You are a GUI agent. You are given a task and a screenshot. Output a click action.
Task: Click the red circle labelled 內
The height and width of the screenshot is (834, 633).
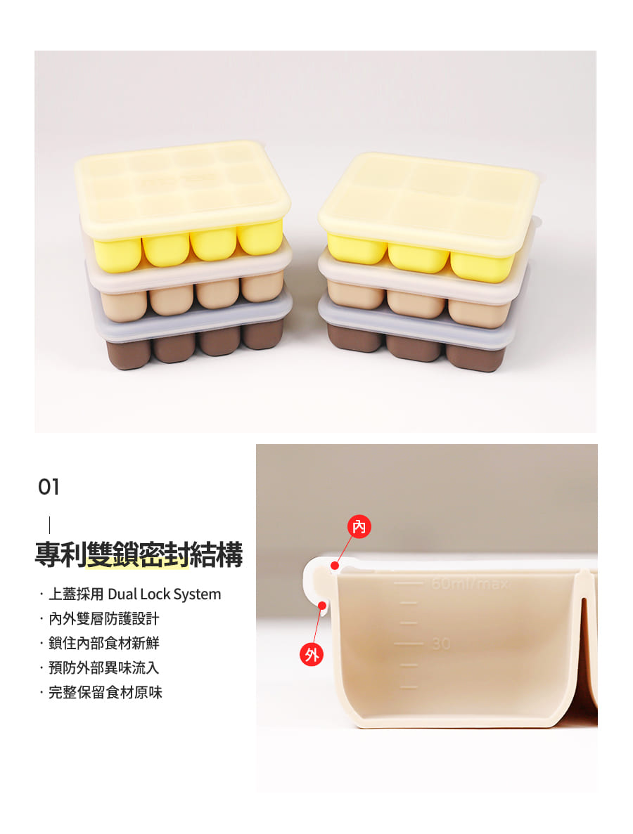(x=359, y=526)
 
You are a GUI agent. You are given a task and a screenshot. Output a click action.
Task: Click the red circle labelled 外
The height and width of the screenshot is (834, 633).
(x=312, y=654)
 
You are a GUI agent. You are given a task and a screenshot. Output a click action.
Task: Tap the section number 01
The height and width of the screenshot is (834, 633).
(x=49, y=487)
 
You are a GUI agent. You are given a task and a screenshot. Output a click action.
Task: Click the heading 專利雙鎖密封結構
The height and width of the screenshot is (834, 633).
(x=139, y=554)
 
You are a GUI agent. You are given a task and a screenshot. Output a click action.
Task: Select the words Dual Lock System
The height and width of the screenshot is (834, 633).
(x=164, y=594)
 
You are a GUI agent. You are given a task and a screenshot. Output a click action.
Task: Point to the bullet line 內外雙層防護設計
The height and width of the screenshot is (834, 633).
(x=104, y=618)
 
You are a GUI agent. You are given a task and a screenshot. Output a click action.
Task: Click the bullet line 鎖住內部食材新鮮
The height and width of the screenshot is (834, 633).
(x=104, y=643)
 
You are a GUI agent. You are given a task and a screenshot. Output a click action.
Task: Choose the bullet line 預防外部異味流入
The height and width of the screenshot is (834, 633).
(x=104, y=667)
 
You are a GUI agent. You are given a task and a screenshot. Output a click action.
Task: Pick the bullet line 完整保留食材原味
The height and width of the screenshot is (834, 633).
(x=105, y=692)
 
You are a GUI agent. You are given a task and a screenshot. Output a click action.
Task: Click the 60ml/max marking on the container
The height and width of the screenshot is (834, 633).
(x=470, y=584)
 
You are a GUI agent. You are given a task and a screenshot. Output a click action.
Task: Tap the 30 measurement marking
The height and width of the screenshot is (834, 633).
(x=442, y=644)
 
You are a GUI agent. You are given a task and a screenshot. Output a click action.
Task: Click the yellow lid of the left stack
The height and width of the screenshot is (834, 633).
(x=183, y=189)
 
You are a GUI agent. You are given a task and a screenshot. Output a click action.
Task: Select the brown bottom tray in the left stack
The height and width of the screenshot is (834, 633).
(x=194, y=345)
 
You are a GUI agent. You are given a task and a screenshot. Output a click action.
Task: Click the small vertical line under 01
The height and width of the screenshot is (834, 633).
(x=49, y=524)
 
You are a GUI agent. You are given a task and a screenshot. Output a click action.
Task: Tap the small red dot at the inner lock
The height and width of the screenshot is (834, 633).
(x=335, y=566)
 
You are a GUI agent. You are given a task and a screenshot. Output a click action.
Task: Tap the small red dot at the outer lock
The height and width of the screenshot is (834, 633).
(x=322, y=605)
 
